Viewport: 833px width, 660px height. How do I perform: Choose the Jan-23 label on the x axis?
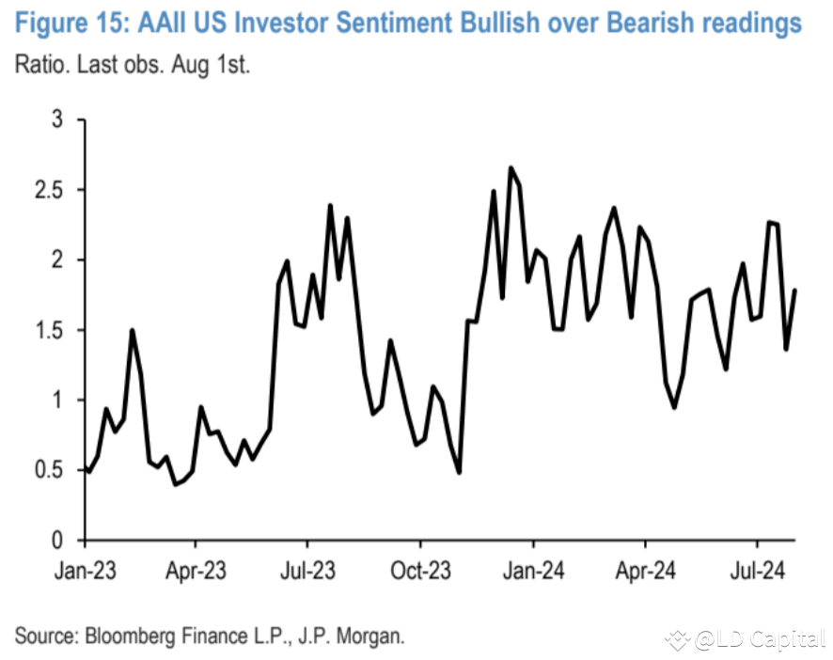coord(85,569)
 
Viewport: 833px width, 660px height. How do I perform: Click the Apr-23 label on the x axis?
coord(195,569)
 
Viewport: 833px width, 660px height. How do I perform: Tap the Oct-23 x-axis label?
coord(419,569)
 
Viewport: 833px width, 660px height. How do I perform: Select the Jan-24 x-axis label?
coord(533,569)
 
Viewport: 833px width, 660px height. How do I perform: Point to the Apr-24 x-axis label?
coord(645,569)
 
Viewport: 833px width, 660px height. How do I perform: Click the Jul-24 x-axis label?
coord(758,569)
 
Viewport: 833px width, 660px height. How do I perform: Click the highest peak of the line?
coord(511,168)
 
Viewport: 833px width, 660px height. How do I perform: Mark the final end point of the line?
coord(796,290)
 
